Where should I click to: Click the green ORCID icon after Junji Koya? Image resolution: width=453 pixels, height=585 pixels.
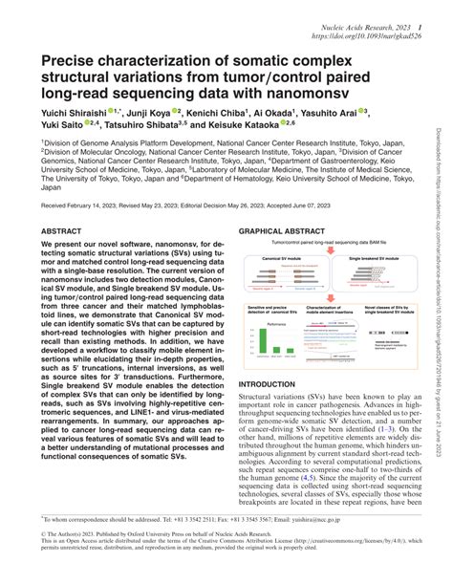coord(176,110)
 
